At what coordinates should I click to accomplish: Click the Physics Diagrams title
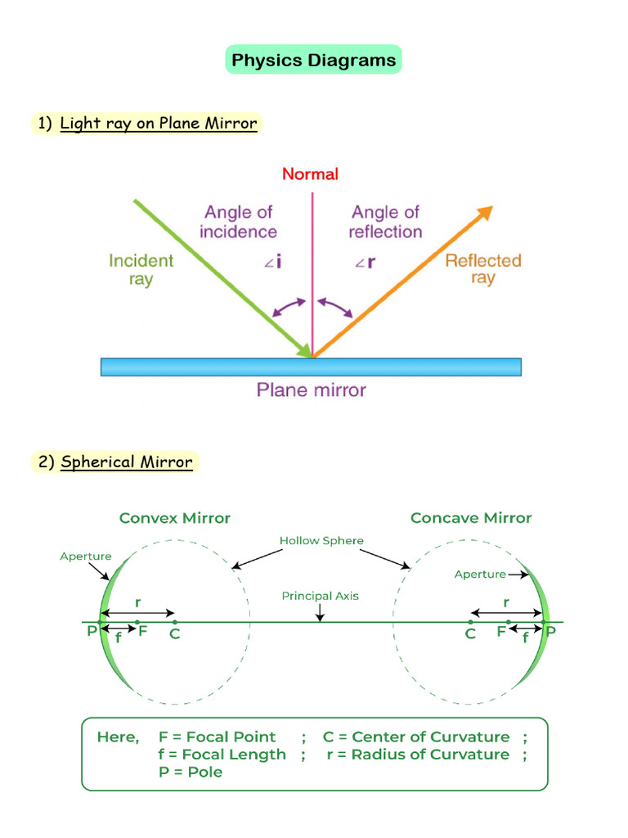313,60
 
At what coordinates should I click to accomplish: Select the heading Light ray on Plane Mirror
159,124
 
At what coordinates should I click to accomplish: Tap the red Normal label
310,173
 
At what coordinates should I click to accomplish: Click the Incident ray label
141,269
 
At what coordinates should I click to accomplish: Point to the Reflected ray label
482,269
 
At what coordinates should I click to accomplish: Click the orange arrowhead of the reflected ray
486,212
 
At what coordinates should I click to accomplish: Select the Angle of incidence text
238,222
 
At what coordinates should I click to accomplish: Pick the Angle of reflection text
384,222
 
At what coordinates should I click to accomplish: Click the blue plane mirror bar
311,367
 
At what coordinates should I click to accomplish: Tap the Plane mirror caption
311,390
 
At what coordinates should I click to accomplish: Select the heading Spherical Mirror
127,462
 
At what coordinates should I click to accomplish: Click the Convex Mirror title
175,518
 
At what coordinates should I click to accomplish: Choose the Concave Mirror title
471,518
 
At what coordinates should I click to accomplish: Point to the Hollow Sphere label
321,541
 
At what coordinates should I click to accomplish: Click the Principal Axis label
320,596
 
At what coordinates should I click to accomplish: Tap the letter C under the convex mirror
175,633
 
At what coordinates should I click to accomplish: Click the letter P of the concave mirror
550,632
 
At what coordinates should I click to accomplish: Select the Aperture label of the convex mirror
85,556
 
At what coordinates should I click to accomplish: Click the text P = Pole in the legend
191,772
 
